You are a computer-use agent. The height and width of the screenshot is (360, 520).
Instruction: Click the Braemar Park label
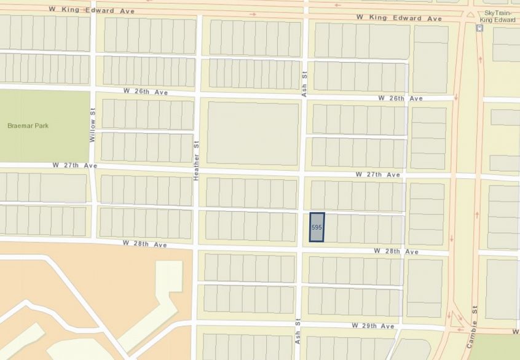[x=28, y=125]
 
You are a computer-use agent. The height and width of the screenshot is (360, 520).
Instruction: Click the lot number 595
[x=317, y=227]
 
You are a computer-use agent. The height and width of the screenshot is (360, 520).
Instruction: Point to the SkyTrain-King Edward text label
[x=498, y=17]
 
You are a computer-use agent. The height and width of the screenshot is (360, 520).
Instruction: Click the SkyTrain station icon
[x=479, y=28]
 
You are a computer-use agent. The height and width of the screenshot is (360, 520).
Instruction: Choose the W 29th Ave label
[x=373, y=326]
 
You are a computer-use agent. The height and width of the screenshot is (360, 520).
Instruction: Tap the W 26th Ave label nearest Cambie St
[x=400, y=98]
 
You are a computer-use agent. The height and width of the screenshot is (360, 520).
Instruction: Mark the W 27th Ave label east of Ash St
[x=377, y=174]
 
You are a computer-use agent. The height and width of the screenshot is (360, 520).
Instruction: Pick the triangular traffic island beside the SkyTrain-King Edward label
[x=470, y=15]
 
